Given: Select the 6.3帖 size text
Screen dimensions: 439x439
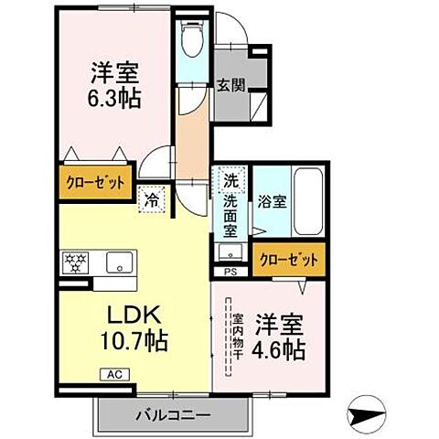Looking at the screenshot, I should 114,98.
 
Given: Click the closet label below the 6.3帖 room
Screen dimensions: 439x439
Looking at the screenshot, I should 94,182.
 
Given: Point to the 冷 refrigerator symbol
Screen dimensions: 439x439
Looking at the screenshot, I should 150,198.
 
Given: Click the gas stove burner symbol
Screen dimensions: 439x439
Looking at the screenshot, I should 75,263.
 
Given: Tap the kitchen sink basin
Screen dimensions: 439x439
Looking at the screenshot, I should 117,264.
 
